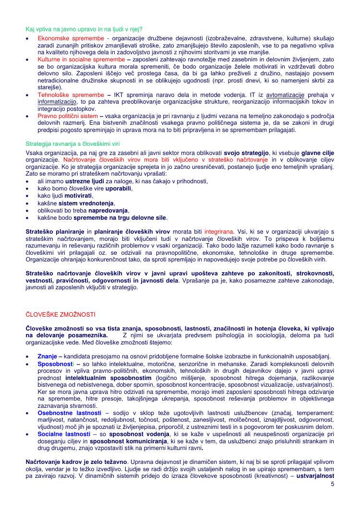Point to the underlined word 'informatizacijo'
(57, 102)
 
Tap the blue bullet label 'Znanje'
(48, 356)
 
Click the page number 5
(332, 484)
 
